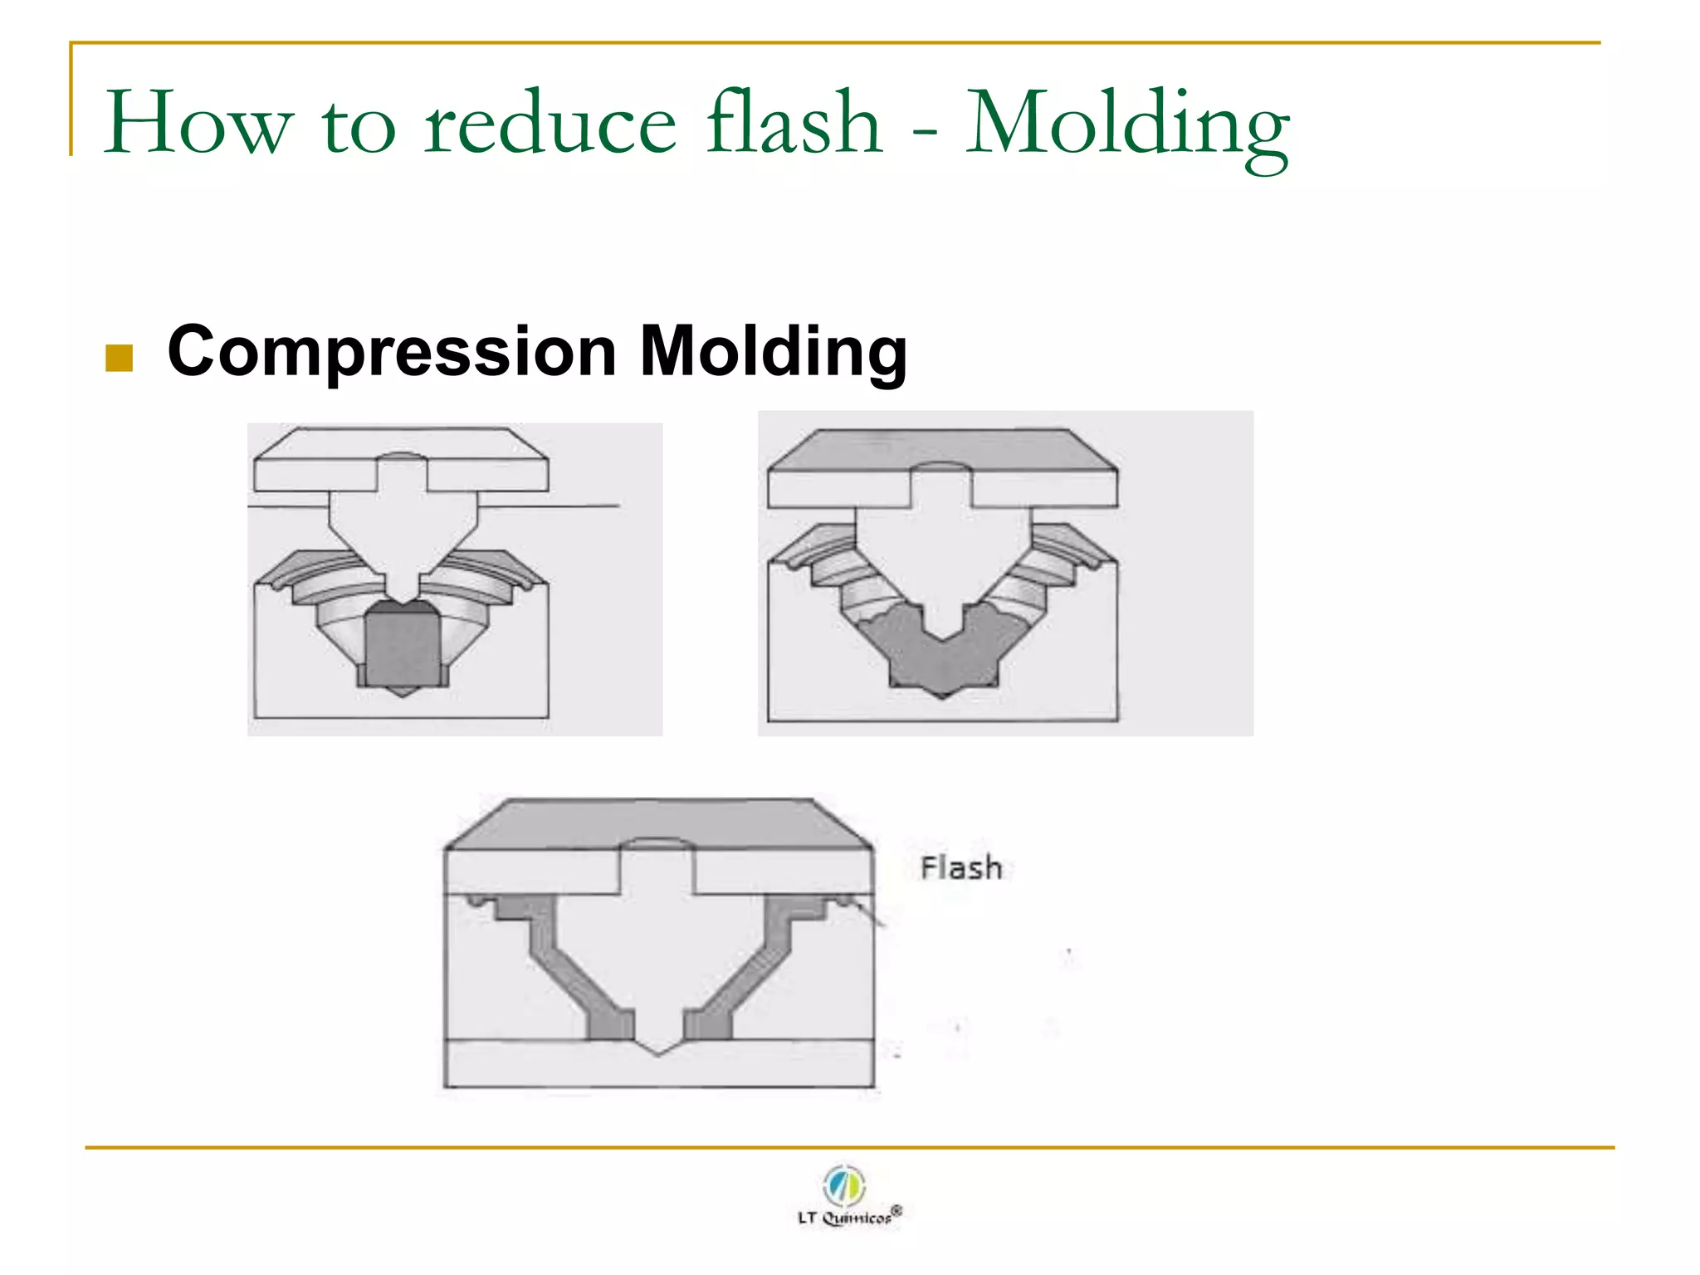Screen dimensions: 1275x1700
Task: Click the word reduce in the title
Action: coord(550,125)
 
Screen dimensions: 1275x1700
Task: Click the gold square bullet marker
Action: coord(120,358)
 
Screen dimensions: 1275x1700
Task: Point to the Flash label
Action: coord(961,868)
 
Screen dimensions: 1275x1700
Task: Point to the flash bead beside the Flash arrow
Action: coord(843,900)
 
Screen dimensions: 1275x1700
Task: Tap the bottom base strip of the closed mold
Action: coord(658,1067)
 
